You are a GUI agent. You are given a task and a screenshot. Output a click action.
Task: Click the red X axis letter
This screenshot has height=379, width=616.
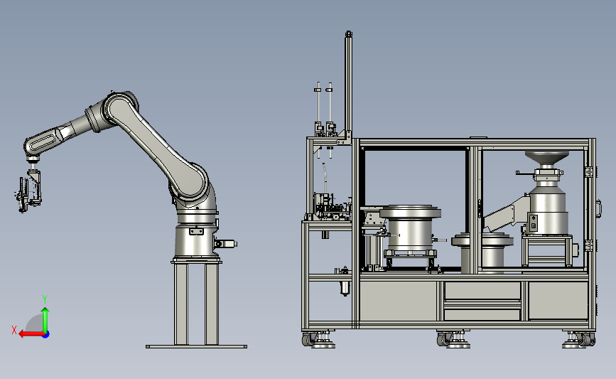[14, 330]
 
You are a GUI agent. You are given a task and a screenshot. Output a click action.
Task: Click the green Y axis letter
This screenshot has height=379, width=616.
[45, 299]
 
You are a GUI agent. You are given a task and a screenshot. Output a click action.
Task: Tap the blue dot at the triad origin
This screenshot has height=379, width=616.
[46, 335]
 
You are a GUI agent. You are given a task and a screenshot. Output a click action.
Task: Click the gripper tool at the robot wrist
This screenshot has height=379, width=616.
[28, 191]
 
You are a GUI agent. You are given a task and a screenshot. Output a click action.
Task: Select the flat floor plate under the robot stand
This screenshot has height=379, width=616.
[196, 346]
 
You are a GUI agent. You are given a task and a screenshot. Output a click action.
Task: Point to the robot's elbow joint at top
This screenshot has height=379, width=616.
[121, 105]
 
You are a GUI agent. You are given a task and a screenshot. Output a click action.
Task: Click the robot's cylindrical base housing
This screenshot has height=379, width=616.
[195, 240]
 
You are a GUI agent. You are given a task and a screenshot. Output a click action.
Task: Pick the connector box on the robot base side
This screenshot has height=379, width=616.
[225, 244]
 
